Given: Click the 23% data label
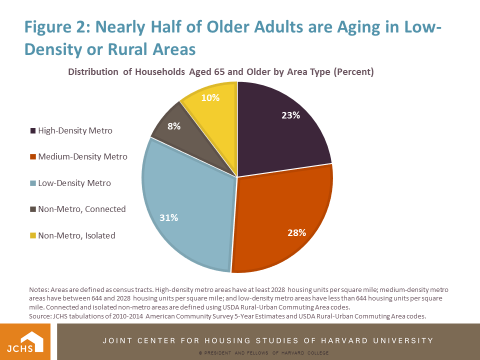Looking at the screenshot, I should pyautogui.click(x=290, y=115).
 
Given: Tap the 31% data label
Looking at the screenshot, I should pyautogui.click(x=168, y=217).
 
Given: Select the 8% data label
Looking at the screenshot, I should pyautogui.click(x=174, y=126).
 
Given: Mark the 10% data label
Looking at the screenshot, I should pyautogui.click(x=210, y=97).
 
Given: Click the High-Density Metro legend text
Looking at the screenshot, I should pyautogui.click(x=75, y=131).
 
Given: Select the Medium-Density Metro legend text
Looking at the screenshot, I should pyautogui.click(x=82, y=157).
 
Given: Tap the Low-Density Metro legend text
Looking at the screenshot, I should pyautogui.click(x=74, y=183).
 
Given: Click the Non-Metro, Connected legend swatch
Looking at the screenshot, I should pyautogui.click(x=33, y=209).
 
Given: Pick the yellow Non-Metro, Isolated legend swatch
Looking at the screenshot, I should pyautogui.click(x=33, y=235).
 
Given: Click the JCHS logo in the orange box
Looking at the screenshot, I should pyautogui.click(x=28, y=341).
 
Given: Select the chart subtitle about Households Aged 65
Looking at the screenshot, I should pyautogui.click(x=221, y=71).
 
